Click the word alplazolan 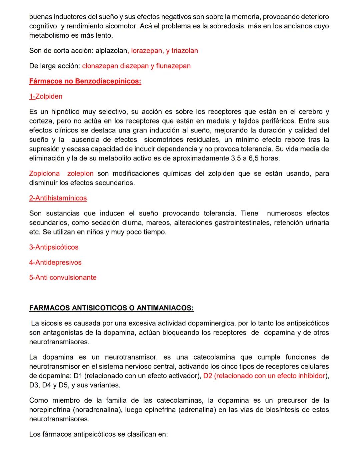[x=111, y=51]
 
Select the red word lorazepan [x=147, y=51]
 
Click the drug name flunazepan [x=173, y=66]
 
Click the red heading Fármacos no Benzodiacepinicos [x=85, y=81]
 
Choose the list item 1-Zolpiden [x=46, y=96]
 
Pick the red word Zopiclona [x=44, y=173]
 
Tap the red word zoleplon [x=80, y=173]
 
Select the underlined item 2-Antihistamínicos [x=58, y=198]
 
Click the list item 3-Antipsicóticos [x=54, y=247]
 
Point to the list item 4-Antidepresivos [x=55, y=263]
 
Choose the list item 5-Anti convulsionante [x=63, y=278]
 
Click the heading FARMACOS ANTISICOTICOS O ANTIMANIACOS [x=111, y=308]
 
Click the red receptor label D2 [x=208, y=376]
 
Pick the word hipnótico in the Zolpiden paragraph [x=63, y=112]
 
